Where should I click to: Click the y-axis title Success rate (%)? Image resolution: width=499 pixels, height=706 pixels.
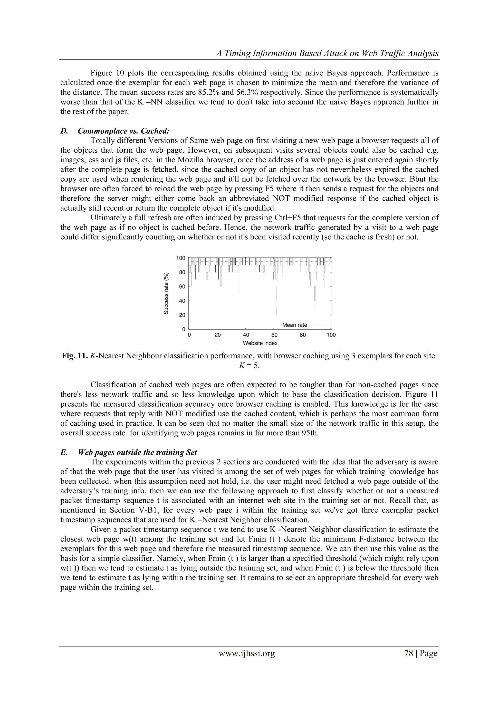point(166,293)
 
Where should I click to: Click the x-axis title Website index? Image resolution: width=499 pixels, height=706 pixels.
point(260,343)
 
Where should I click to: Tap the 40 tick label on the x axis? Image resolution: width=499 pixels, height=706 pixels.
point(246,335)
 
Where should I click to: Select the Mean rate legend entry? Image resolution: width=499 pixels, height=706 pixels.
point(294,325)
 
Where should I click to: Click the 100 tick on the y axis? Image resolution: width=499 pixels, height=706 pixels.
point(181,258)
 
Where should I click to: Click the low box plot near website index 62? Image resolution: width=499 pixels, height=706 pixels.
point(277,304)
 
